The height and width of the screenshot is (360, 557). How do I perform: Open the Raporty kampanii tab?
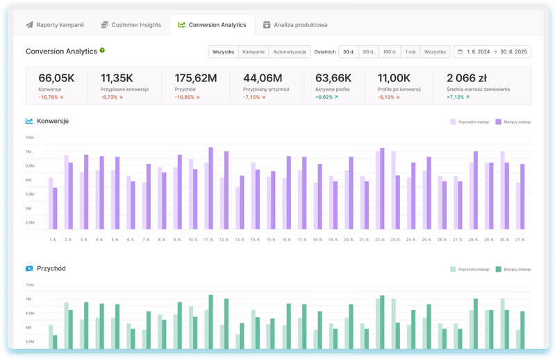tap(55, 25)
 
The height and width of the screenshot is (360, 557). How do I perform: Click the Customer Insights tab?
tap(131, 25)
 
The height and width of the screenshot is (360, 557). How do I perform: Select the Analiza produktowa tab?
tap(295, 25)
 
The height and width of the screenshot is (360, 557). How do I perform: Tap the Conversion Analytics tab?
tap(212, 25)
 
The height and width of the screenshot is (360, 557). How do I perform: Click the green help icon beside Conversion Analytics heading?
tap(102, 51)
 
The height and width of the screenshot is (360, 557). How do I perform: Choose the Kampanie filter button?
tap(253, 51)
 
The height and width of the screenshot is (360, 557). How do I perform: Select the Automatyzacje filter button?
tap(289, 51)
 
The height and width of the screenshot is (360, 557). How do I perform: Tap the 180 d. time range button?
tap(390, 51)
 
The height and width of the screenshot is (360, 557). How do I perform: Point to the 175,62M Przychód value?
tap(195, 78)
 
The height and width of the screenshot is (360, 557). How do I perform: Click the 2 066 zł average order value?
tap(468, 78)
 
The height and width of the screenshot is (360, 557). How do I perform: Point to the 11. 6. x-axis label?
tap(208, 239)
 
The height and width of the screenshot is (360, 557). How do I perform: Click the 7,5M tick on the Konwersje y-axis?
tap(29, 138)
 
